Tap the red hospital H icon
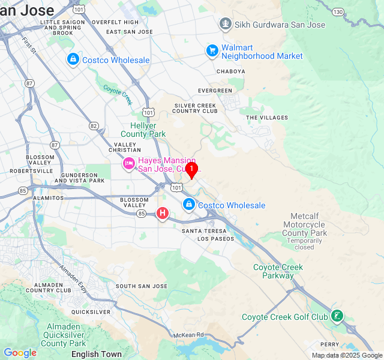[162, 213]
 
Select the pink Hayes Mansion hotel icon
[129, 164]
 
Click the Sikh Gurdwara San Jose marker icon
[226, 25]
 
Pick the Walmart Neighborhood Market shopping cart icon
[212, 52]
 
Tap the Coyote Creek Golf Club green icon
[337, 316]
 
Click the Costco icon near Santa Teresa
[189, 205]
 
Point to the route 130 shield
[339, 12]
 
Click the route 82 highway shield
[94, 125]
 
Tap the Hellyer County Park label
[143, 130]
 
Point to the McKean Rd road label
[189, 334]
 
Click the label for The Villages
[267, 118]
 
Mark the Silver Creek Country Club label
[196, 108]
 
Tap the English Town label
[96, 354]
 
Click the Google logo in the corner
[20, 353]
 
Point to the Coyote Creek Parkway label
[278, 271]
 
